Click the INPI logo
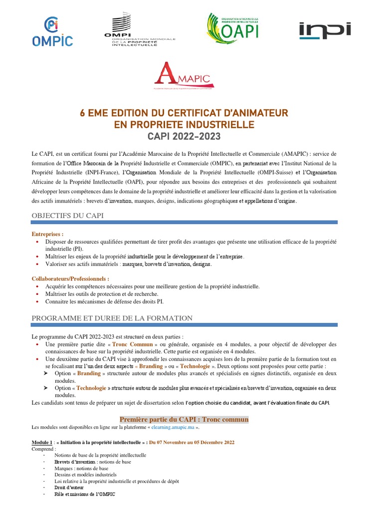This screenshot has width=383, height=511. (325, 30)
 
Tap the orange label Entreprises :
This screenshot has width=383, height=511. (48, 234)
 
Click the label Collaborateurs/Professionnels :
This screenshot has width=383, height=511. (70, 279)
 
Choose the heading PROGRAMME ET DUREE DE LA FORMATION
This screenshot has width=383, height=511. (112, 318)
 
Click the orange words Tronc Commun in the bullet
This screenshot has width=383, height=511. (132, 345)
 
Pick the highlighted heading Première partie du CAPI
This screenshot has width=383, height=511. (184, 419)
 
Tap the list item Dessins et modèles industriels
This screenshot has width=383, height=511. (85, 475)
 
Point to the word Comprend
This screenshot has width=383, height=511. (44, 449)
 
